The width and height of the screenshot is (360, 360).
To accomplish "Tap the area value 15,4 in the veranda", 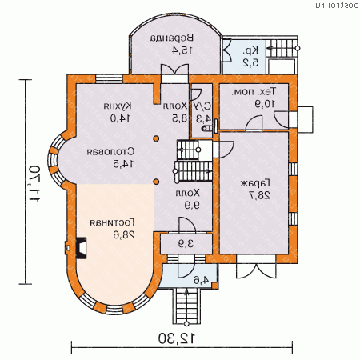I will coord(171,50).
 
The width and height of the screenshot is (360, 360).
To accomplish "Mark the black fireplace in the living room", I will coord(82,247).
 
